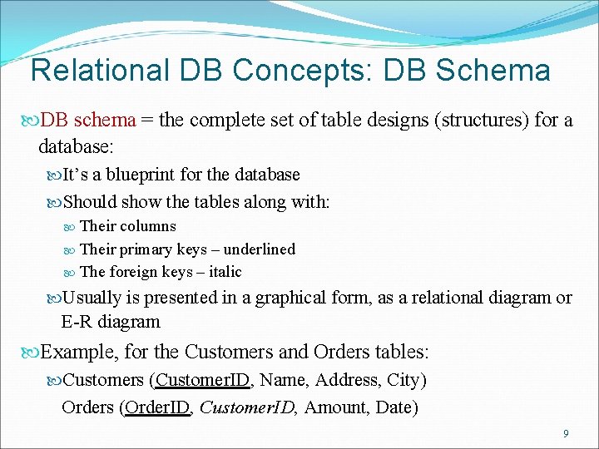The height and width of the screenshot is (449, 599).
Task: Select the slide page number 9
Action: pyautogui.click(x=566, y=433)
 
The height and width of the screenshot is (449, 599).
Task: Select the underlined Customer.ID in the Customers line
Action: pyautogui.click(x=203, y=381)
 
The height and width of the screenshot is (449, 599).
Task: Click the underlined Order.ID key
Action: pyautogui.click(x=158, y=407)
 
